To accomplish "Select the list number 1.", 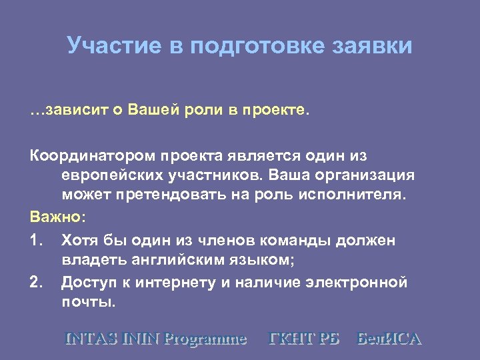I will click(x=36, y=239).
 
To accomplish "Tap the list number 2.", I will click(x=36, y=282).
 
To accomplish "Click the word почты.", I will click(x=88, y=303).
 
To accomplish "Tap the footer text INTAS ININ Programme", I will click(x=155, y=338).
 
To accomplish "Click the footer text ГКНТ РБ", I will click(x=304, y=338).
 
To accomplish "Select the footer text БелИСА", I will click(x=389, y=338).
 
